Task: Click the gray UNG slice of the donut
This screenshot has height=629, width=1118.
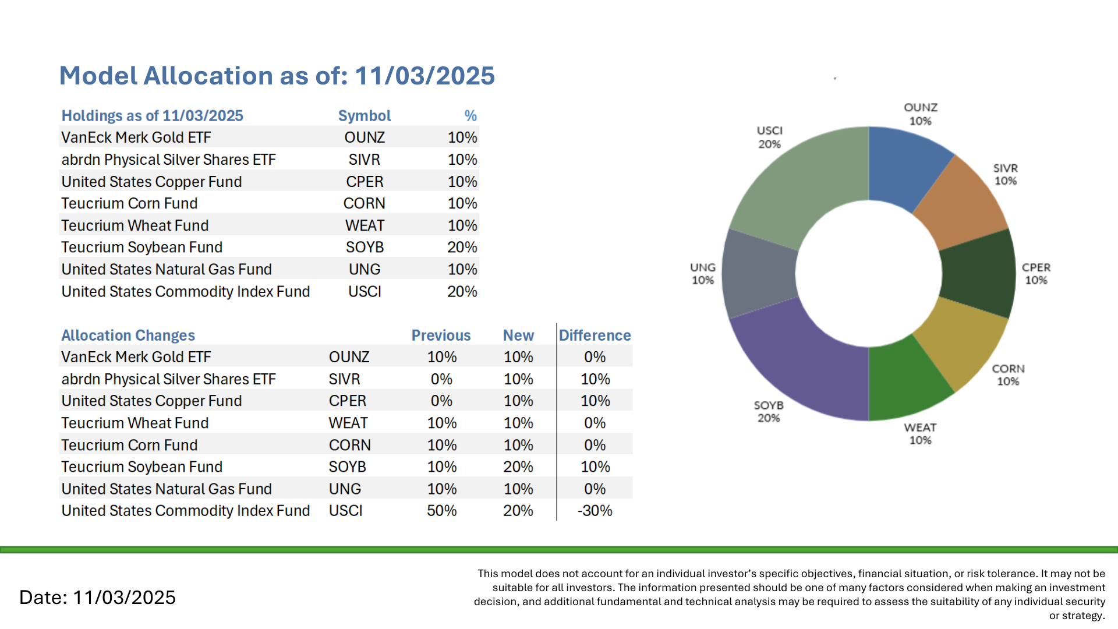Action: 758,273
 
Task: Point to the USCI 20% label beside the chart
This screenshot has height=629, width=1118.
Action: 769,137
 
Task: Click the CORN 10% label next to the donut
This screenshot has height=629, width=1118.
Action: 1008,375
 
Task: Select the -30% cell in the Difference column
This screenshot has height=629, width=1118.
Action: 595,511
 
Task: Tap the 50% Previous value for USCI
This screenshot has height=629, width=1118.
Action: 441,511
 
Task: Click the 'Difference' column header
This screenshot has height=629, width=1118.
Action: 595,335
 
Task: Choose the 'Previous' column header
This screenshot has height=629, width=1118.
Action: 441,335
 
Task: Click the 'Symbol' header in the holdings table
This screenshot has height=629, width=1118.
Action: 365,116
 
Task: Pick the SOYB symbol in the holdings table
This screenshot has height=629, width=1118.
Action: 365,248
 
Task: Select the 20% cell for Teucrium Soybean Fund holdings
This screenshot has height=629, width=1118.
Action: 462,248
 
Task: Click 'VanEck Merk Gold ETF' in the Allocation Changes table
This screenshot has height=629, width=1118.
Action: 136,357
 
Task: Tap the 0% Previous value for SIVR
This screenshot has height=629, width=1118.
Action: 441,379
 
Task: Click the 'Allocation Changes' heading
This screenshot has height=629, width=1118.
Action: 128,335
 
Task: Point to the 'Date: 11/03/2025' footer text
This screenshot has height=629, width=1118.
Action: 97,598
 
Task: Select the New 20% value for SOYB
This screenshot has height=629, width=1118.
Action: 518,467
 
